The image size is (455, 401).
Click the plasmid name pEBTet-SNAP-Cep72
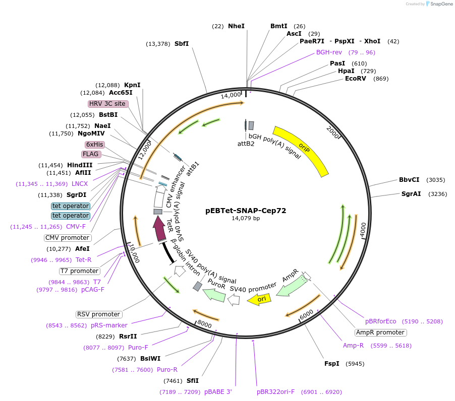click(246, 211)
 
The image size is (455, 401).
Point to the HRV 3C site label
click(107, 104)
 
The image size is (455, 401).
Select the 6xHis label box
click(94, 145)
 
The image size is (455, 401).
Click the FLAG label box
click(91, 154)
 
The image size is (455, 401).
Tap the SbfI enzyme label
click(182, 44)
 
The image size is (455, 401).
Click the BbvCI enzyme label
click(409, 180)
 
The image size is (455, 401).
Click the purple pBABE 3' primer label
click(218, 392)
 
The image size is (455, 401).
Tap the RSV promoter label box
click(99, 315)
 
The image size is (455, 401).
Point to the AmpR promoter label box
click(380, 332)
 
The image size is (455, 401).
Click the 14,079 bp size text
click(246, 219)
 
